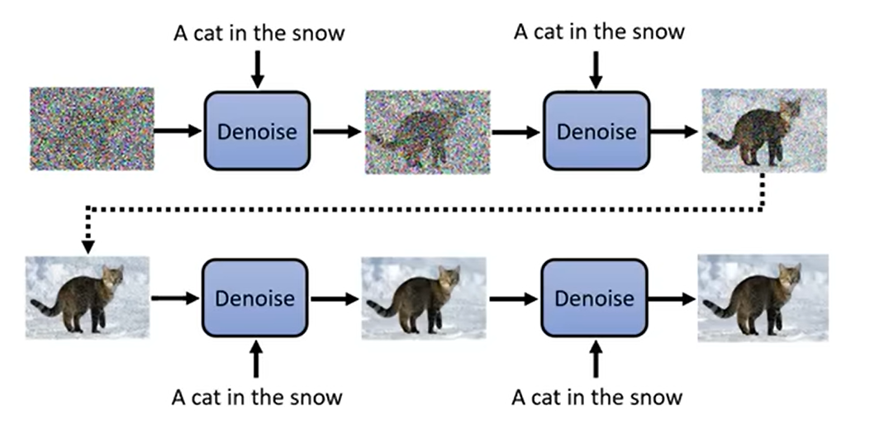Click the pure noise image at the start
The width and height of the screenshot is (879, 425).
(x=91, y=129)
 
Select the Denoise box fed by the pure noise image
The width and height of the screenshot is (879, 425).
(x=256, y=131)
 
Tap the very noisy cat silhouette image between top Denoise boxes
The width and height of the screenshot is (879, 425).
(x=428, y=131)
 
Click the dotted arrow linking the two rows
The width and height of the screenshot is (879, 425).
(x=413, y=207)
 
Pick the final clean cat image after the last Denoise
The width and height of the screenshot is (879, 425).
(x=762, y=298)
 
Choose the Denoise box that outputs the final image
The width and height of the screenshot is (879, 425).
(x=595, y=298)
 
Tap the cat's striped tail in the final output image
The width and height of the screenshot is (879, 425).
(x=719, y=308)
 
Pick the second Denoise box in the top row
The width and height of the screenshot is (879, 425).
(x=595, y=131)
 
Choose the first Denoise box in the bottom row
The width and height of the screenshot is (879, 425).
(x=255, y=298)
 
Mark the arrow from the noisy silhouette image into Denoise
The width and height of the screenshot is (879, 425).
(x=516, y=131)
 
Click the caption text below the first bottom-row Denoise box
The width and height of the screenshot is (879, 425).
(x=257, y=397)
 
